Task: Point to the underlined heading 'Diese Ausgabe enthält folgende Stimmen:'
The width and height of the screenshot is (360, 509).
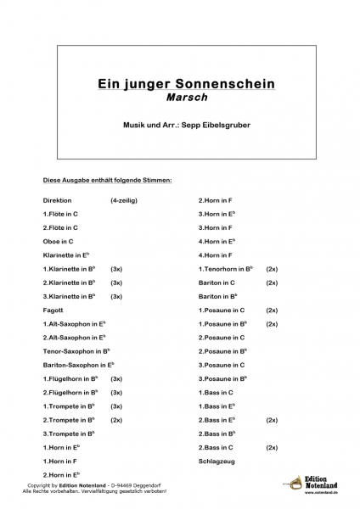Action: coord(108,180)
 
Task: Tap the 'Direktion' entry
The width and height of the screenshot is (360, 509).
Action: coord(58,200)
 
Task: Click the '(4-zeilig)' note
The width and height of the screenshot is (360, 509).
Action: coord(123,200)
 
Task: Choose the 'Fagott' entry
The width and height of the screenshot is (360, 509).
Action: coord(53,310)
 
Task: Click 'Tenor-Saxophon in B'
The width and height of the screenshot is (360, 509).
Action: coord(76,351)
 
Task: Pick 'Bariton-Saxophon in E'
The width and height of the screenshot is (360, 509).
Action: coord(78,365)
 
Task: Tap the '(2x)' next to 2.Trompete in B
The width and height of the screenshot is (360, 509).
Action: coord(116,420)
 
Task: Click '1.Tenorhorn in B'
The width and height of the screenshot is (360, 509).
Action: coord(226,269)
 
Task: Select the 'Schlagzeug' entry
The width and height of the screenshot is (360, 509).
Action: coord(216,461)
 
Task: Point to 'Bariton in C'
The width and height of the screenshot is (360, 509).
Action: coord(217,282)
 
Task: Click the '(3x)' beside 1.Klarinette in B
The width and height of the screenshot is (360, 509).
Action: coord(116,269)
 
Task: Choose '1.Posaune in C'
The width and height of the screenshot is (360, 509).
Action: coord(222,310)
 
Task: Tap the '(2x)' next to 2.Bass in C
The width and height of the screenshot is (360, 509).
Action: coord(272,447)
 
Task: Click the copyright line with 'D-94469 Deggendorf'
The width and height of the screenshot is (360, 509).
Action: coord(93,485)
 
